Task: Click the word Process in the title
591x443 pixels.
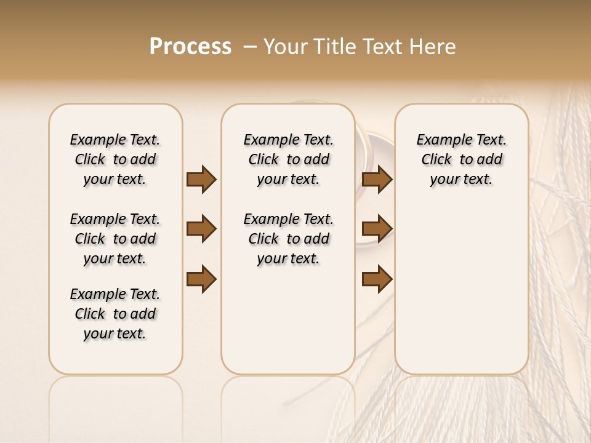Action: pos(190,47)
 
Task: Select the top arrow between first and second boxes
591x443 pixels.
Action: pos(201,180)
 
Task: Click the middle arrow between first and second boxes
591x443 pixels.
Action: pos(201,229)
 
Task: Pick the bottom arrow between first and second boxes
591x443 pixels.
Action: pos(201,279)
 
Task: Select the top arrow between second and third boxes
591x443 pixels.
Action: pos(377,180)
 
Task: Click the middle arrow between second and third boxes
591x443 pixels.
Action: pos(377,229)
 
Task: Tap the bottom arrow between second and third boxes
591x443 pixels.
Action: pos(377,279)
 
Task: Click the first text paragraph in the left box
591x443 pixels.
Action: pos(115,159)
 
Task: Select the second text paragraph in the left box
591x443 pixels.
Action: pos(115,239)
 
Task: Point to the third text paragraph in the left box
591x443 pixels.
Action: pos(115,314)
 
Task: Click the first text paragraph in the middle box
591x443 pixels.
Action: pos(288,159)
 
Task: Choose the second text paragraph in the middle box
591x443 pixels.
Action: pos(288,239)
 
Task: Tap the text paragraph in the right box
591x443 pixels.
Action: pos(461,159)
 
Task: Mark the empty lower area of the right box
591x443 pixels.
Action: pos(461,289)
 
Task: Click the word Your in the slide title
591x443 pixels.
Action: pos(284,47)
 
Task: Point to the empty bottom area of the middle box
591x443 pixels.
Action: pos(288,326)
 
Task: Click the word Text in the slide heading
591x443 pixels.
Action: pos(382,47)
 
